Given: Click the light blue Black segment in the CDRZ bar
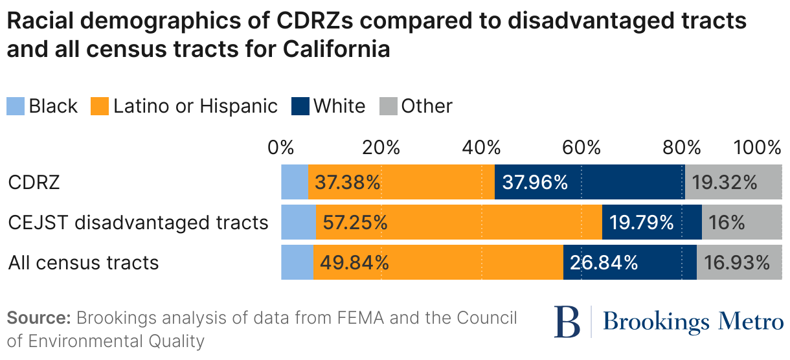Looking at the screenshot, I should click(295, 182).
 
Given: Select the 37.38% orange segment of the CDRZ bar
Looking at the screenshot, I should click(401, 182).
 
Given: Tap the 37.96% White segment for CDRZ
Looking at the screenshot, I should click(589, 182).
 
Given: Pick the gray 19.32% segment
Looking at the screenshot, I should click(733, 182).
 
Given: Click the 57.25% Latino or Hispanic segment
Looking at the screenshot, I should click(458, 222).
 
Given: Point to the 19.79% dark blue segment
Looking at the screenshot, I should click(651, 222).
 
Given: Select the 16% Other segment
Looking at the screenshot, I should click(742, 222).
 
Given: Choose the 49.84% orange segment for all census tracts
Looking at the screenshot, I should click(438, 262).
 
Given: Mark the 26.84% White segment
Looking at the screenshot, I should click(629, 262).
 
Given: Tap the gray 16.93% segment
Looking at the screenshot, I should click(739, 262).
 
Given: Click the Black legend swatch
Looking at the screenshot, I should click(16, 106).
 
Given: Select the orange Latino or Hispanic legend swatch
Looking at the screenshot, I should click(100, 106).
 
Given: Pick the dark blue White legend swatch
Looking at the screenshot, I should click(300, 106).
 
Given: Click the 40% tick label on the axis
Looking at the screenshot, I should click(481, 147).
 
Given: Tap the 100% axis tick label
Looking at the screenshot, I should click(757, 147).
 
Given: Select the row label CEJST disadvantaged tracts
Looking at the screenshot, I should click(138, 222).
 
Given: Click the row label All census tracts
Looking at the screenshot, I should click(84, 262).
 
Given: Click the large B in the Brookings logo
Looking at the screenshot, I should click(567, 322).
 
